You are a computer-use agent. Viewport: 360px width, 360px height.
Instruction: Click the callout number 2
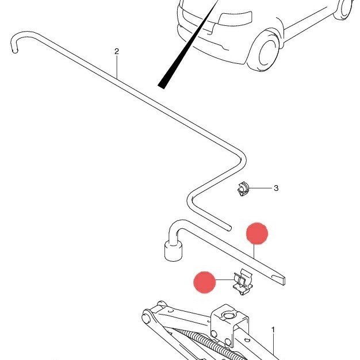[117, 51]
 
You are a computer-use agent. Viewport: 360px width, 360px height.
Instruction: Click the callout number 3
[276, 188]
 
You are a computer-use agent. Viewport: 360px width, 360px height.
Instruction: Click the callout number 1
[273, 330]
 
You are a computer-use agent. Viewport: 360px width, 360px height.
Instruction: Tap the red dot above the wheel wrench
[257, 233]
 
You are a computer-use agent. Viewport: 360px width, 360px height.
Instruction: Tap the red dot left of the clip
[205, 282]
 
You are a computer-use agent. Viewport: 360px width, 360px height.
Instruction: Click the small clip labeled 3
[243, 189]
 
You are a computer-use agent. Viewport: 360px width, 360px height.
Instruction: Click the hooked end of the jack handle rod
[16, 41]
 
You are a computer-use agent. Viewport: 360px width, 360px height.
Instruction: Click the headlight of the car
[235, 18]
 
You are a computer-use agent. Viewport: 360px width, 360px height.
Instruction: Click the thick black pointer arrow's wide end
[162, 86]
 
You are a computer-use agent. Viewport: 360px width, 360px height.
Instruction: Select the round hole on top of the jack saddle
[228, 316]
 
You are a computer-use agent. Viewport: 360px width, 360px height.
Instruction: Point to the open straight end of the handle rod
[229, 228]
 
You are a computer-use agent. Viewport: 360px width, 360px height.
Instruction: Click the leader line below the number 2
[117, 68]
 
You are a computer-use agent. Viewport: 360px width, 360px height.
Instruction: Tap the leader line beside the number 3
[261, 188]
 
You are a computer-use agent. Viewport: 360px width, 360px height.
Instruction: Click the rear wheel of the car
[343, 9]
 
